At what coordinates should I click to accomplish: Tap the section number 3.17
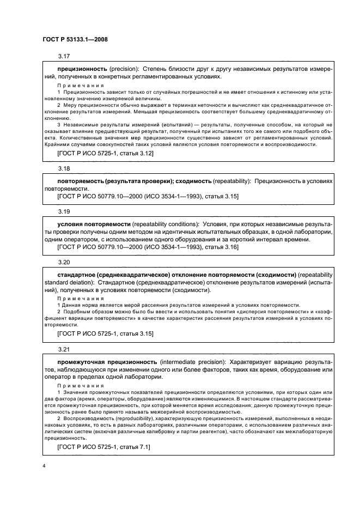click(64, 57)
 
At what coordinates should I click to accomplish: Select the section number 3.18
click(64, 169)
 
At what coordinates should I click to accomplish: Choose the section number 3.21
click(64, 348)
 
